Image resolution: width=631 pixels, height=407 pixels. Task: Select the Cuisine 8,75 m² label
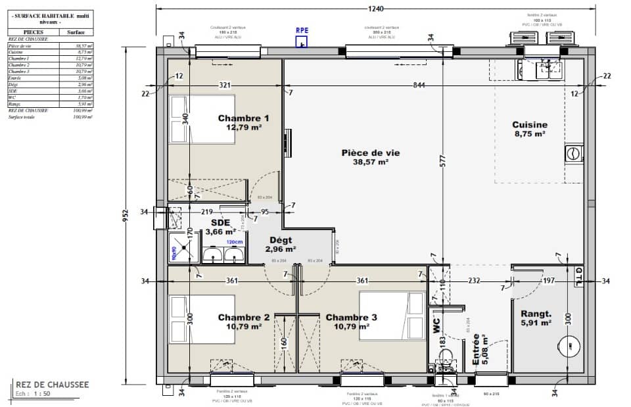pos(530,128)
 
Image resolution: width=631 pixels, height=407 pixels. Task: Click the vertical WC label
pos(436,325)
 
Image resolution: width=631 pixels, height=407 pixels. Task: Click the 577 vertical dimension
pos(443,159)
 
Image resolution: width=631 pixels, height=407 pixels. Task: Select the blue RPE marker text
pos(302,30)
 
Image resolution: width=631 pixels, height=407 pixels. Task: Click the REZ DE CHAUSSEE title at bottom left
pos(52,384)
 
